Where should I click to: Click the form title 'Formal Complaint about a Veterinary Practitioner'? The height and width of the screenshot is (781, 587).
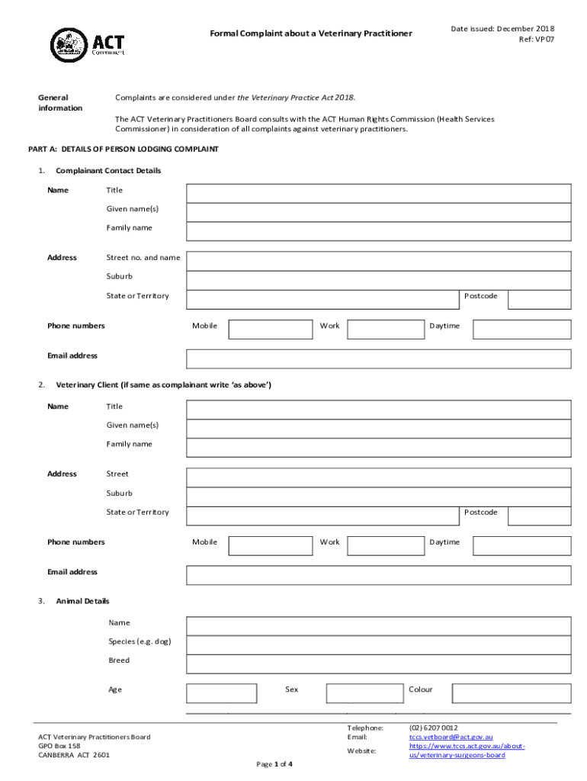point(311,34)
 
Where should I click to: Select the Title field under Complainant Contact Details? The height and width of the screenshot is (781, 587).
point(378,193)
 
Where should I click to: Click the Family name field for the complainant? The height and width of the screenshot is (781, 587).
point(378,231)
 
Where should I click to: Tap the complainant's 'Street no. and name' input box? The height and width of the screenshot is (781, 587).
point(378,261)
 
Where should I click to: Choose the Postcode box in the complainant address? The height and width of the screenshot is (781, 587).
point(539,299)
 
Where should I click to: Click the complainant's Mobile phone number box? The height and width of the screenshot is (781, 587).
point(271,329)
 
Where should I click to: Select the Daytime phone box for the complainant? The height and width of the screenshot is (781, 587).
point(521,329)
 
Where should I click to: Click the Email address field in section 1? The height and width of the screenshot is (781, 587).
point(378,358)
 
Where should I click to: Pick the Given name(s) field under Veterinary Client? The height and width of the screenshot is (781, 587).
point(378,429)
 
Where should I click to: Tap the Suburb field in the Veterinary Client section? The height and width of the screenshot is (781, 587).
point(378,497)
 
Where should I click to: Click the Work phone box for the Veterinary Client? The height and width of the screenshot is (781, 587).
point(386,545)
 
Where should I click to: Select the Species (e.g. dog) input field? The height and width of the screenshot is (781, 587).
point(378,644)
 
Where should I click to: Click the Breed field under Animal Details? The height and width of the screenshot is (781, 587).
point(378,664)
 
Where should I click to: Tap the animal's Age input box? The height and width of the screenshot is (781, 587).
point(222,693)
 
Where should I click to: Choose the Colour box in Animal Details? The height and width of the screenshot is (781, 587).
point(511,693)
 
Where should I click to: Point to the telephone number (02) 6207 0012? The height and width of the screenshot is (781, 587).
point(434,728)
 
